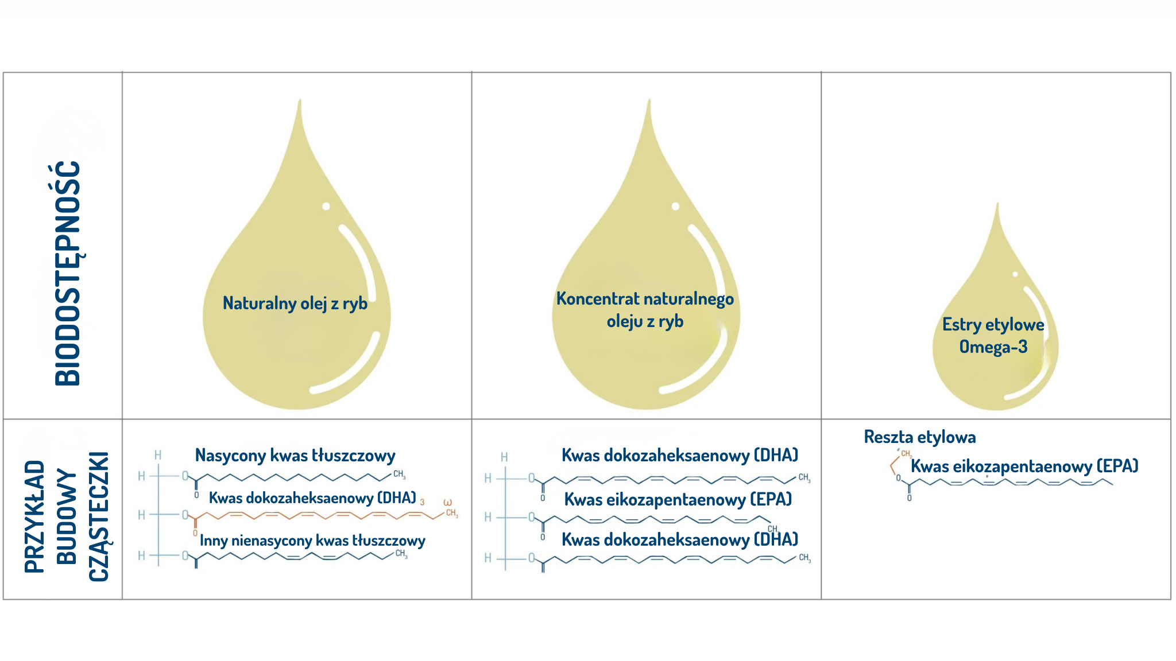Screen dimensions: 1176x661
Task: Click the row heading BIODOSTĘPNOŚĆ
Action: point(68,273)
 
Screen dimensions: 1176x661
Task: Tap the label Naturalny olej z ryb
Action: point(295,303)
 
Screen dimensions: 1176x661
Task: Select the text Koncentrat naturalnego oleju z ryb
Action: point(645,310)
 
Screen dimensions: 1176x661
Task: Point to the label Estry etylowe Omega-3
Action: point(993,336)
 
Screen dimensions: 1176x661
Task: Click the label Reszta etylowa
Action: point(920,437)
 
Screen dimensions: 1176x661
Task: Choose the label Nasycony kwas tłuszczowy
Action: point(295,456)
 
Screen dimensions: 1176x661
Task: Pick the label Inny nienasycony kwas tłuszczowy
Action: point(312,541)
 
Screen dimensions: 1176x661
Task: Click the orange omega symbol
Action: point(448,503)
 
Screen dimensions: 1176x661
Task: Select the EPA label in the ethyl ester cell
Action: point(1024,466)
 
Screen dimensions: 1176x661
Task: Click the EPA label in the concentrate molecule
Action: point(678,500)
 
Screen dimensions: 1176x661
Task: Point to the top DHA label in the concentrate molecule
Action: point(680,456)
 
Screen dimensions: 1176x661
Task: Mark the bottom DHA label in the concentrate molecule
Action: point(680,540)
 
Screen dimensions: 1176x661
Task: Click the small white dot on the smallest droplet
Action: point(1015,274)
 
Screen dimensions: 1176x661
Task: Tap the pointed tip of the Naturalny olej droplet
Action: point(300,100)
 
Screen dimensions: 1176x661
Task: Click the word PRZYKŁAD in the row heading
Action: point(35,516)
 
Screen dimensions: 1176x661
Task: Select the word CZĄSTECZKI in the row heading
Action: point(99,516)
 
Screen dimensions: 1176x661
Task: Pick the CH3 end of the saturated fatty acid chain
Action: point(399,475)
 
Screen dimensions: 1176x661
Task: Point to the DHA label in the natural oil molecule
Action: point(312,498)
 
